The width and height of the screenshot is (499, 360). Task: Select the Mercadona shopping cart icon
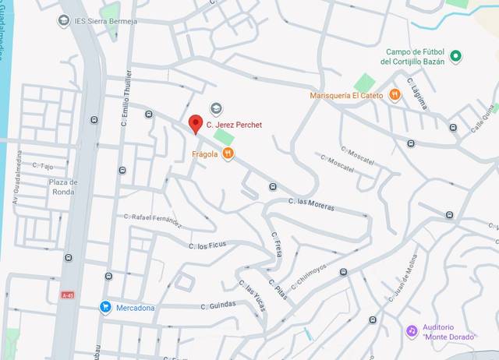(105, 307)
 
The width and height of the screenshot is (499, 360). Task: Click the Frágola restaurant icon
(228, 154)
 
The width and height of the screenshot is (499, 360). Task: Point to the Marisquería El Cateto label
(347, 95)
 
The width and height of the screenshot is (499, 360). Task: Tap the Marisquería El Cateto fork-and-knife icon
(395, 95)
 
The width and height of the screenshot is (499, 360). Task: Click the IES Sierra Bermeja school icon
(65, 19)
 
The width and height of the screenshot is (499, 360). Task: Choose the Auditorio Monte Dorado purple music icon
(412, 330)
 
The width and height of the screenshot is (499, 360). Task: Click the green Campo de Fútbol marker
(457, 55)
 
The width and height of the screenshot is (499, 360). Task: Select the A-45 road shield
(67, 295)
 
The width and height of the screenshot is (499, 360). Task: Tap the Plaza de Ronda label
(62, 187)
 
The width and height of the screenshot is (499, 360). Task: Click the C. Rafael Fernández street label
(153, 220)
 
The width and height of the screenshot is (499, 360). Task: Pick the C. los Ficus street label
(207, 245)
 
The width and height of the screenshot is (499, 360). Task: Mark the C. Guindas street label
(218, 305)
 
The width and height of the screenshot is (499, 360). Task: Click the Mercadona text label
(135, 307)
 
